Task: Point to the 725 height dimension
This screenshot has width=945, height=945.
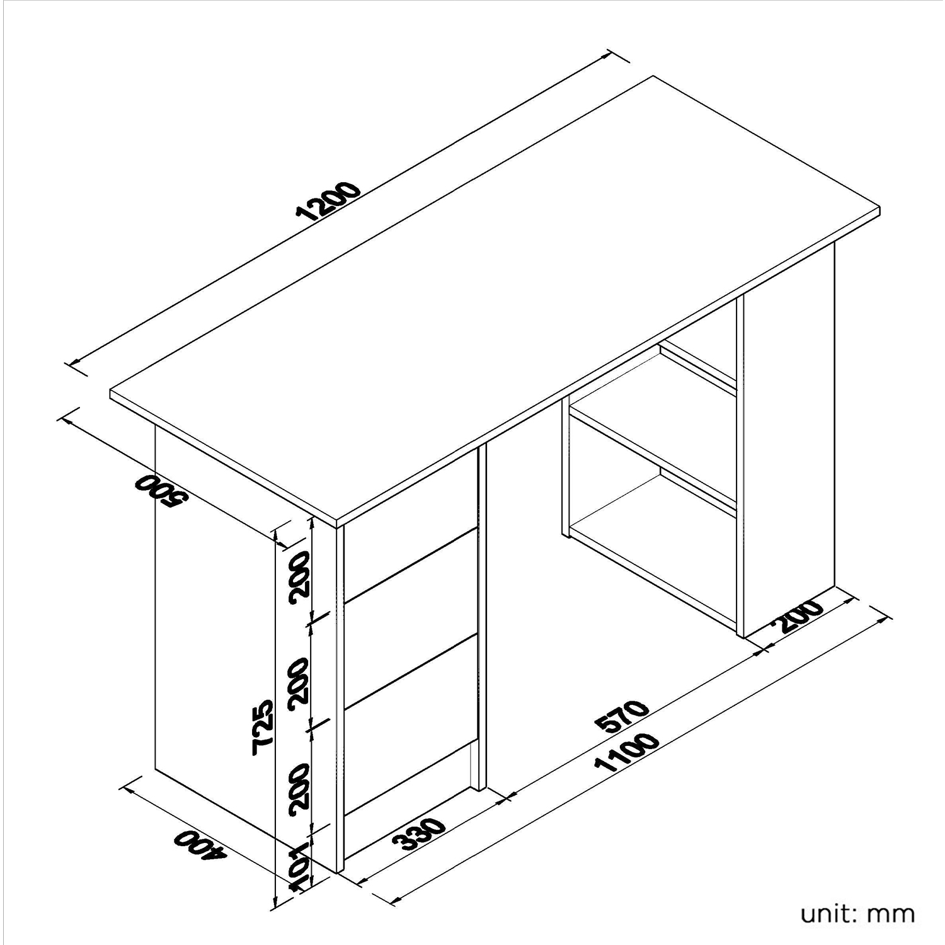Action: [263, 726]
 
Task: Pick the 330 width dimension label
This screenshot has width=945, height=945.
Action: [419, 835]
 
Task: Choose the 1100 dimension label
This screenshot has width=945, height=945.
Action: [627, 753]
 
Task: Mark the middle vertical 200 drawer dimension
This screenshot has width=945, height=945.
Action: [301, 682]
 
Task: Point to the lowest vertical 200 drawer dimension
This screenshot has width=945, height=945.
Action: [301, 788]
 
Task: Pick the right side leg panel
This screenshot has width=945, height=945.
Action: [789, 441]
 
